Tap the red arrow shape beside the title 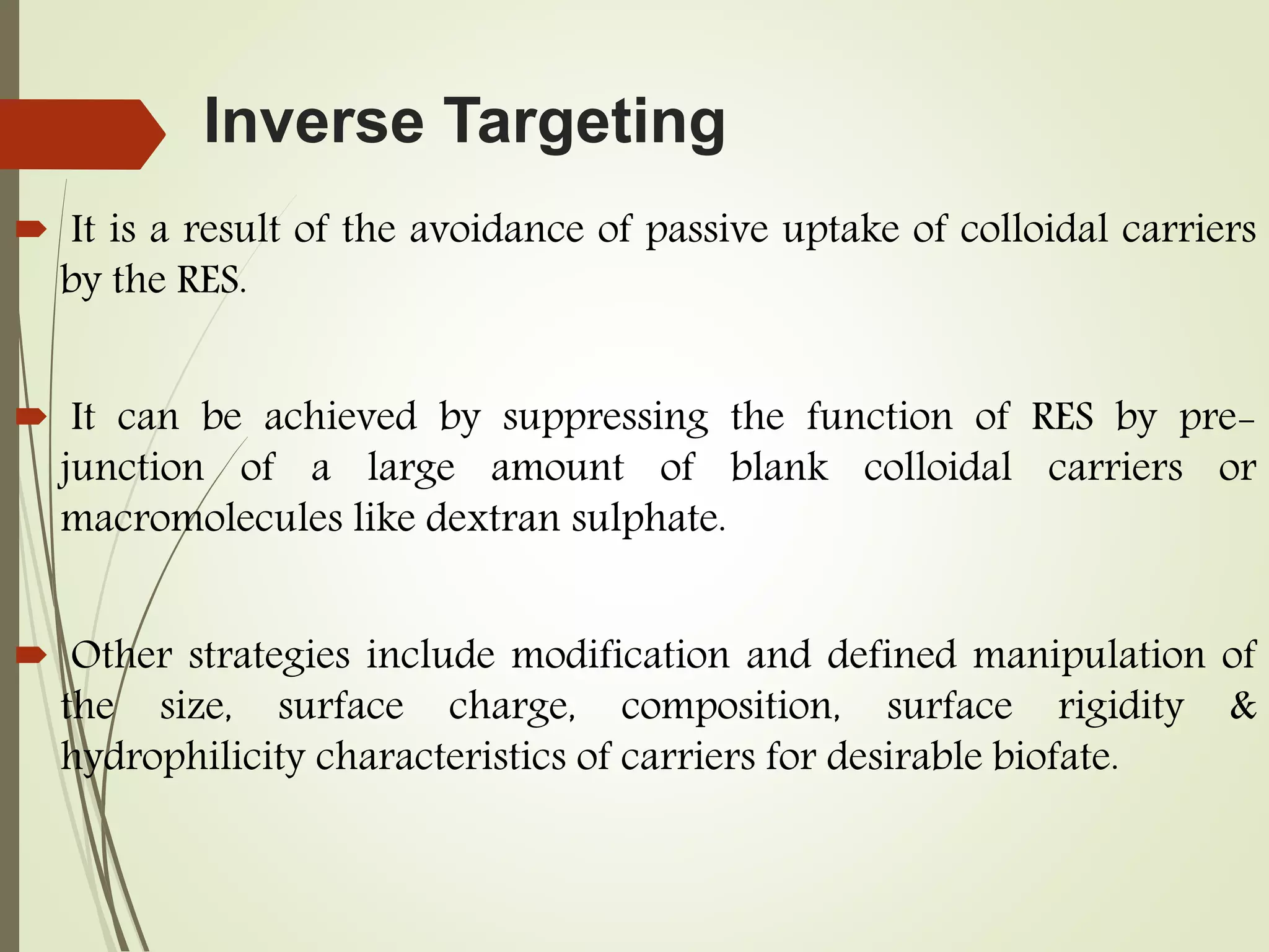(81, 134)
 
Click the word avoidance (496, 229)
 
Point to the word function (879, 416)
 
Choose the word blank (779, 467)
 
